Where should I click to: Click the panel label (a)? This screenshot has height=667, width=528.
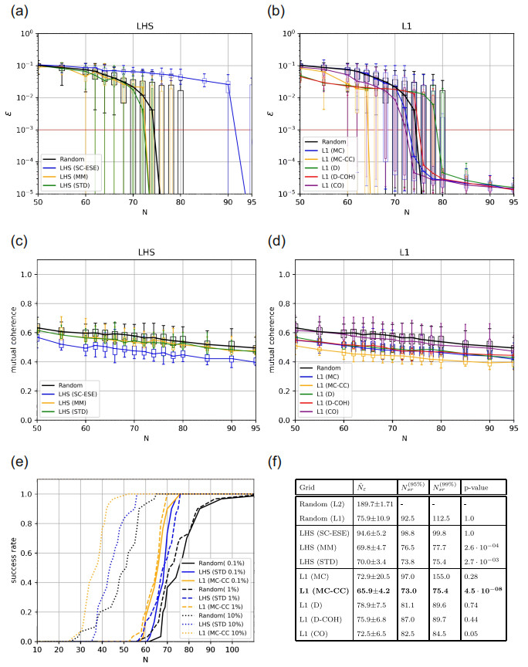click(17, 10)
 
